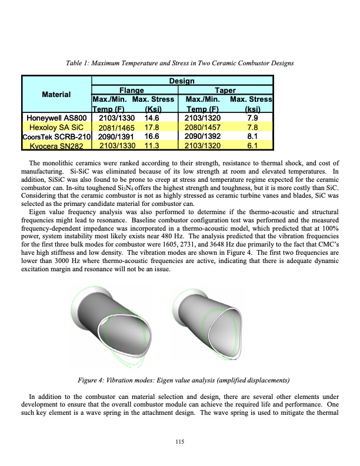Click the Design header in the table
point(182,81)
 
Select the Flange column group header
point(132,90)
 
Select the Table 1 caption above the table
point(180,63)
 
